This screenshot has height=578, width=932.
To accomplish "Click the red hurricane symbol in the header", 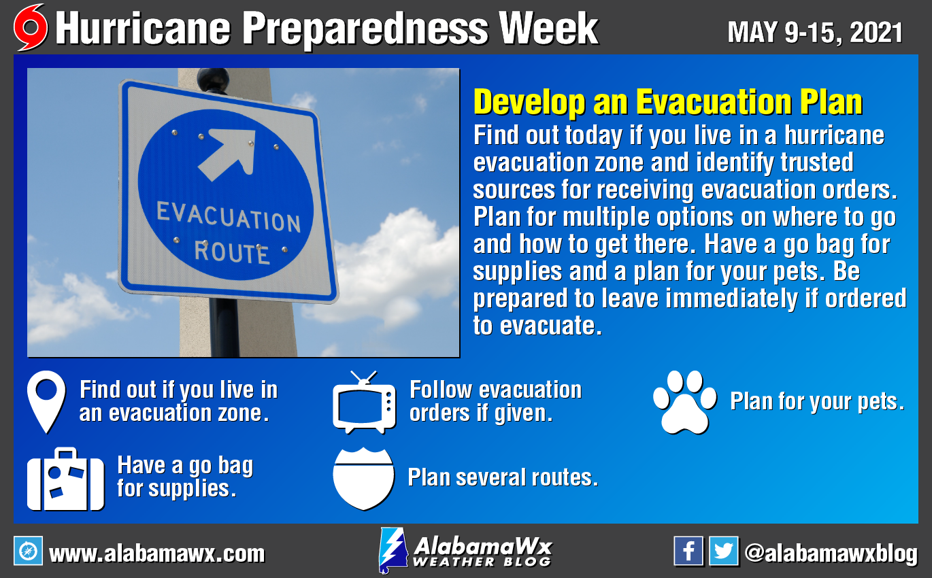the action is point(31,28).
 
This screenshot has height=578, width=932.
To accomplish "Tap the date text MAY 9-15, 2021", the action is point(815,32).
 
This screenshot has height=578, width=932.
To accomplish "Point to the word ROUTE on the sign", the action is point(232,252).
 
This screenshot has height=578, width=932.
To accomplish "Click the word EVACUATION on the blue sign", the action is point(229,217).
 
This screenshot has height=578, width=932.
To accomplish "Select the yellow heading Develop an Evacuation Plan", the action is point(668,102).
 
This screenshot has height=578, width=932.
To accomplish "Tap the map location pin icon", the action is point(46,402).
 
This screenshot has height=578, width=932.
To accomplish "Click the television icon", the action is point(364,403).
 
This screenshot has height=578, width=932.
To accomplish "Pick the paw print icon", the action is point(684,402).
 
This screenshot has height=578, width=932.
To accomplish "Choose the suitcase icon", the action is point(65,479).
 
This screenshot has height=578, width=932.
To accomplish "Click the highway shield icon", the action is point(363,479).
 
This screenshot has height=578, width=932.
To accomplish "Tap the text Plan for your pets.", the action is point(817,402).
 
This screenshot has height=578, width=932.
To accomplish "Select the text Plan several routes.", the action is point(503,477).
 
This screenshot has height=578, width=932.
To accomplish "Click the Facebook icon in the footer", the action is point(688,551).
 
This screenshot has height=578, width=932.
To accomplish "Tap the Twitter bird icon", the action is point(724,551).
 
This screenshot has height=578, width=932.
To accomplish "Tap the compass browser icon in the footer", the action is point(28,551).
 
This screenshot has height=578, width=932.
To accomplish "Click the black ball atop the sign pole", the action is point(213,79).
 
